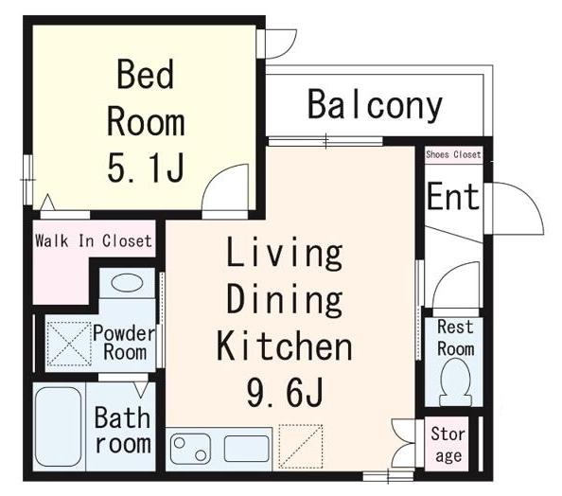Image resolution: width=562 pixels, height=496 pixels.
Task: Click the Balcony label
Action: coord(375,105)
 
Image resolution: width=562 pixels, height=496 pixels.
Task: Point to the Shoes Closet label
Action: coord(453,154)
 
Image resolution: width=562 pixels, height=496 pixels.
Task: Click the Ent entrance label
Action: coord(453,197)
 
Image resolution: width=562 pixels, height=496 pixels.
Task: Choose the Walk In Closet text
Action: coord(93,240)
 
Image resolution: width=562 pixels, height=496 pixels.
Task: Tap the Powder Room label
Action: coord(124,342)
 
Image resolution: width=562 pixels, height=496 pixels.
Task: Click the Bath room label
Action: coord(122,430)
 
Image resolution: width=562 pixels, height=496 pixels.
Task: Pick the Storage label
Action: coord(448,445)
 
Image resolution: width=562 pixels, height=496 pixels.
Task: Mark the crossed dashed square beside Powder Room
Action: coord(69,342)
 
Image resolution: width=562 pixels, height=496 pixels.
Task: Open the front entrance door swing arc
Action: coord(516,208)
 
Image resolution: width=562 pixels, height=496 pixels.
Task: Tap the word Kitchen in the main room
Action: coord(283,345)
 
